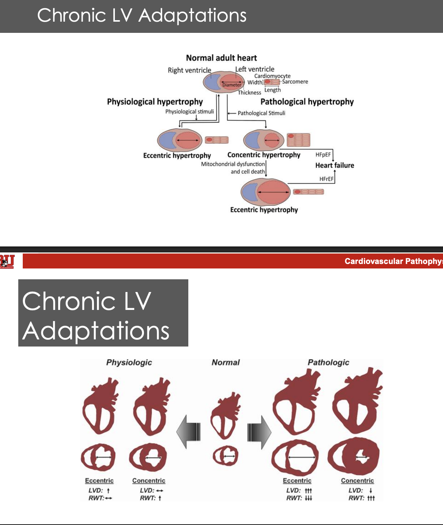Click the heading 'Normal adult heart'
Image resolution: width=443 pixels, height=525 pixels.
[221, 58]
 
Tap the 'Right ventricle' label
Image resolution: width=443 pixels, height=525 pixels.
[189, 70]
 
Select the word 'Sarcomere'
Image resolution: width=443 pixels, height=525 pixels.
[295, 82]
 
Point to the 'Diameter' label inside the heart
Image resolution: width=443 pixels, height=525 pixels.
[232, 85]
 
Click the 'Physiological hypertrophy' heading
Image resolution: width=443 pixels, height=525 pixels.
[155, 102]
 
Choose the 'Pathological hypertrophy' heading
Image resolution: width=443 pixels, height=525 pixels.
[307, 102]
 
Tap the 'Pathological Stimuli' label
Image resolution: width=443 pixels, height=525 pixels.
[261, 113]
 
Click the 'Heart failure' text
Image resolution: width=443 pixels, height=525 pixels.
[334, 165]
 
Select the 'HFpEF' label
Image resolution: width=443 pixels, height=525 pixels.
[323, 155]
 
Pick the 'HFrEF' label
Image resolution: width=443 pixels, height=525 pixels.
[326, 179]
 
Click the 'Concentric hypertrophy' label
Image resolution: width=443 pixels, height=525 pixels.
[264, 155]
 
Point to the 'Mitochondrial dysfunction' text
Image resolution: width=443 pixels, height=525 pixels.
[233, 164]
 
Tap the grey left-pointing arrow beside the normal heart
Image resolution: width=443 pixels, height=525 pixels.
[189, 432]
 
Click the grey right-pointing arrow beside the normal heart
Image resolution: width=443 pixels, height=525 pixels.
[260, 432]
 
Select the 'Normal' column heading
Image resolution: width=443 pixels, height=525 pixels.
[226, 362]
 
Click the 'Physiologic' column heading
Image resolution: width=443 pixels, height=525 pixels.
[129, 362]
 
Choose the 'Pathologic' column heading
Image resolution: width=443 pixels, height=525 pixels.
[328, 362]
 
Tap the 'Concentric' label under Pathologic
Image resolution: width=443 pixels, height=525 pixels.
[357, 481]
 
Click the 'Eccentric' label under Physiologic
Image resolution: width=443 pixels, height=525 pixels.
[99, 481]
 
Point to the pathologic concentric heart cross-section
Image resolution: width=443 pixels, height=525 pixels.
[354, 457]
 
